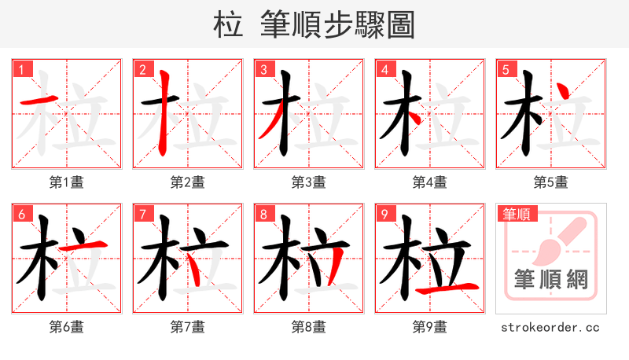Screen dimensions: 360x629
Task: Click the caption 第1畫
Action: point(66,182)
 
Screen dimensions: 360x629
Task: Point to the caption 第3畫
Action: point(308,182)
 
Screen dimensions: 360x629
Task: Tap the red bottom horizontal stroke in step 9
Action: point(449,288)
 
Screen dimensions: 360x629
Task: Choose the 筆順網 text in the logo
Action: point(551,280)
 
